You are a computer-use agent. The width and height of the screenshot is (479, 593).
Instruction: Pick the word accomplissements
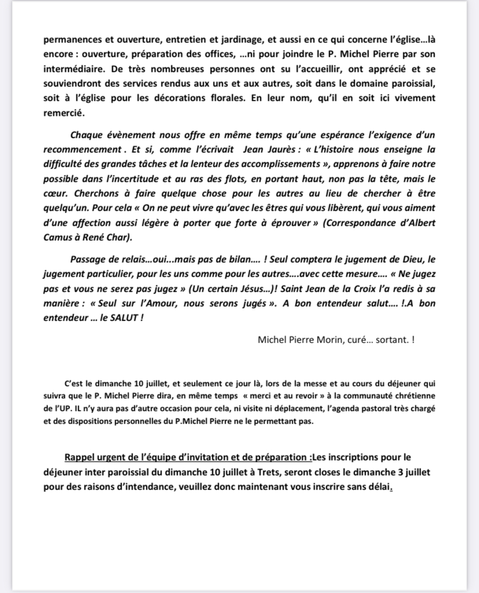(272, 164)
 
